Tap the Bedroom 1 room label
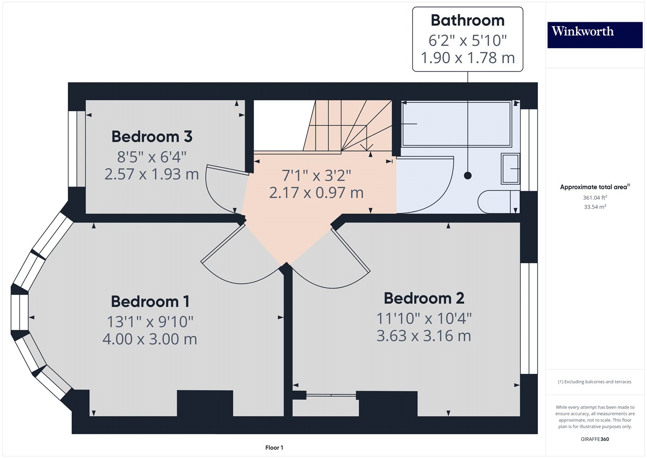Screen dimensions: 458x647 point(150,302)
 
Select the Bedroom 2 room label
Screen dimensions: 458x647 point(424,298)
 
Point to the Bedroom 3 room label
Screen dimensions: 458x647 point(152,137)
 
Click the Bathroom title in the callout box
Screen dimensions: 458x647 point(467,20)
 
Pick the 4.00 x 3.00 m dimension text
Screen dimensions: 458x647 point(150,339)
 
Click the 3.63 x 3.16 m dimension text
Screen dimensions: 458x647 point(424,336)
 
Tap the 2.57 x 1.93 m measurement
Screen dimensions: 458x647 point(152,174)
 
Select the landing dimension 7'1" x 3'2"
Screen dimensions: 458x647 point(317,176)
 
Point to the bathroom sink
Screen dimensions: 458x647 point(510,168)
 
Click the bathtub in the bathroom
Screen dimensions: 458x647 point(456,124)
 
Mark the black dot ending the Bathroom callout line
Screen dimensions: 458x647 point(468,175)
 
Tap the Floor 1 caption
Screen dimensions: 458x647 point(274,447)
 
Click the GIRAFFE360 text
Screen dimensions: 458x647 point(594,439)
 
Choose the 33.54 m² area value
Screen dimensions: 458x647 point(594,207)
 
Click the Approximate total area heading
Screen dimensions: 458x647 point(594,187)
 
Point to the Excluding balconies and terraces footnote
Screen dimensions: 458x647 point(594,382)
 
